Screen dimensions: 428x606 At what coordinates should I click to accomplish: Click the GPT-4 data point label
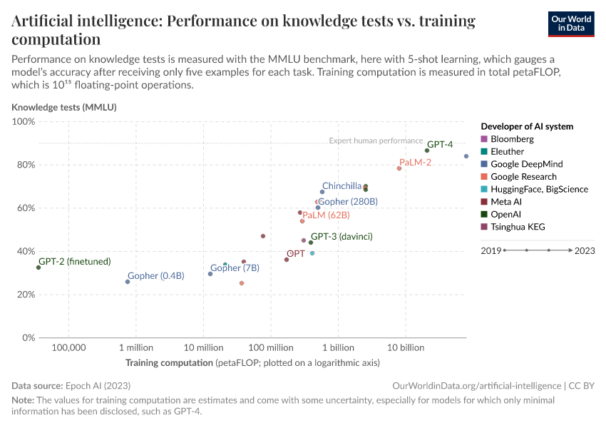[x=440, y=144]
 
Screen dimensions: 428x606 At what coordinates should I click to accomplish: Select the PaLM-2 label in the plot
[x=416, y=163]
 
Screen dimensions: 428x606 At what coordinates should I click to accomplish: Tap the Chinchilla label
[x=341, y=186]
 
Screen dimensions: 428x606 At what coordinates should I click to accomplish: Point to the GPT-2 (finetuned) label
[x=75, y=262]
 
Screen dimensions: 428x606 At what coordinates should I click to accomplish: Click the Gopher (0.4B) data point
[x=128, y=282]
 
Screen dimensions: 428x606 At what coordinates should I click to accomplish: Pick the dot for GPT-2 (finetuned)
[x=38, y=267]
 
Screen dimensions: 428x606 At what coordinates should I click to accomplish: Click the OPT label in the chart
[x=295, y=253]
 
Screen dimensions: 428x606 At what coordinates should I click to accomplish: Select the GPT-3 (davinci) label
[x=341, y=237]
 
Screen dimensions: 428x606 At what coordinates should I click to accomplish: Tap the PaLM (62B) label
[x=326, y=215]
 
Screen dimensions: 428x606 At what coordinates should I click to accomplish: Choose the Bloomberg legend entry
[x=513, y=139]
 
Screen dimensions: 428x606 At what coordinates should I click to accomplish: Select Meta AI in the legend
[x=507, y=202]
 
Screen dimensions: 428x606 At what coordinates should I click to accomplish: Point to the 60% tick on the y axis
[x=25, y=208]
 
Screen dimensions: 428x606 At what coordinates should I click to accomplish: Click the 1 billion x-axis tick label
[x=338, y=347]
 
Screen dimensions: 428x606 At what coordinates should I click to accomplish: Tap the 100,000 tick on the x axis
[x=68, y=347]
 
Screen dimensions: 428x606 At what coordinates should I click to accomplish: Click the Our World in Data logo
[x=571, y=24]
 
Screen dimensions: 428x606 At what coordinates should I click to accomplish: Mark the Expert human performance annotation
[x=376, y=141]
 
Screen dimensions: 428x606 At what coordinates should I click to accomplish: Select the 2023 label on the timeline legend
[x=585, y=250]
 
